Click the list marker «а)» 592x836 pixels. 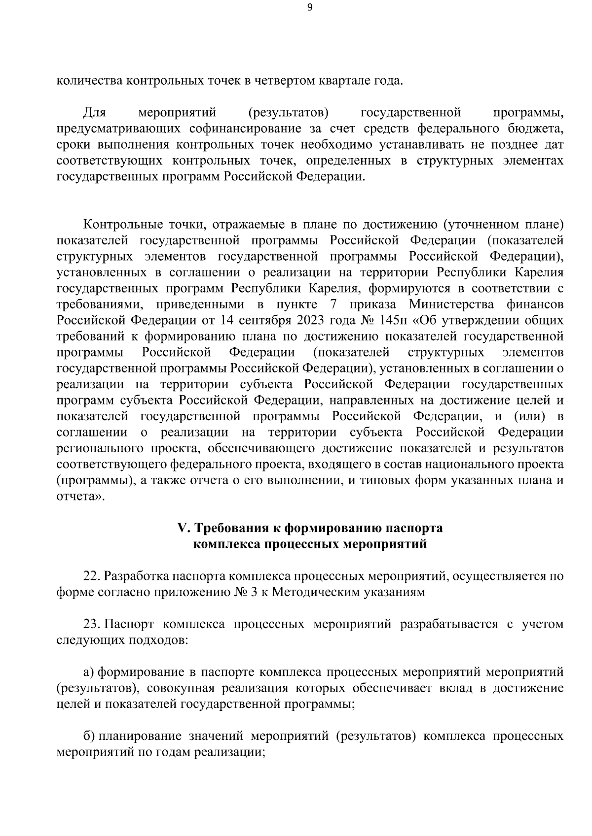tap(89, 672)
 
